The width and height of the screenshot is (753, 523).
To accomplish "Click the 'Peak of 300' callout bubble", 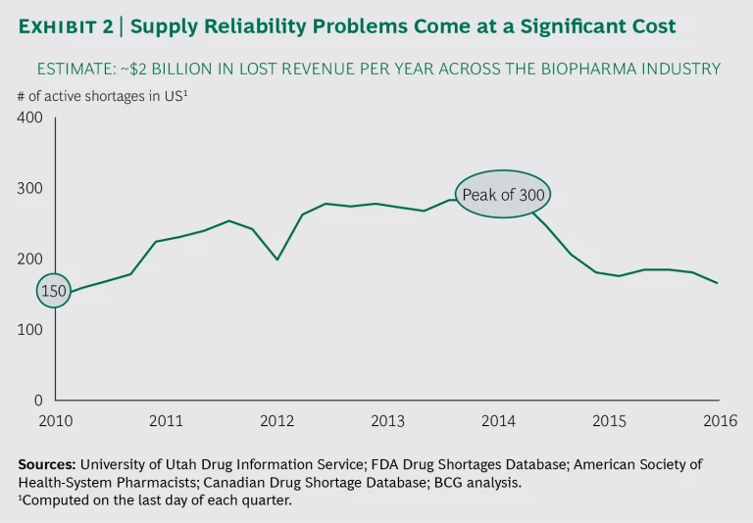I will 503,194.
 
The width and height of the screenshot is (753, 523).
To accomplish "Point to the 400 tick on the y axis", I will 31,118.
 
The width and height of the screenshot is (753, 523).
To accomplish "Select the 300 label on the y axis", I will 31,188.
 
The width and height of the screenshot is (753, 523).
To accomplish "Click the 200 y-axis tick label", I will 31,259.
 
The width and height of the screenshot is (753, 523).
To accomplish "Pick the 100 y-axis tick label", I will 31,330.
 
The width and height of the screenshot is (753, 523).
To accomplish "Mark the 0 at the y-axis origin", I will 38,401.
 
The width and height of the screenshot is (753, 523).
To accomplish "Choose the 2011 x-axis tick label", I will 167,421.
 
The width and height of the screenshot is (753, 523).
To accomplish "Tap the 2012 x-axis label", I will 277,421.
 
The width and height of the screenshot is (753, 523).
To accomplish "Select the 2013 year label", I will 388,421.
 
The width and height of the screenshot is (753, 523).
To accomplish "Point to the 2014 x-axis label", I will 499,421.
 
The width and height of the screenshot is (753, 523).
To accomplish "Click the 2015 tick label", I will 610,421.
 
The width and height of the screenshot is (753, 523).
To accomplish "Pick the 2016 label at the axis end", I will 720,421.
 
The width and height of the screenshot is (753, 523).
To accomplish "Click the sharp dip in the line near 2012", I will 277,260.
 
